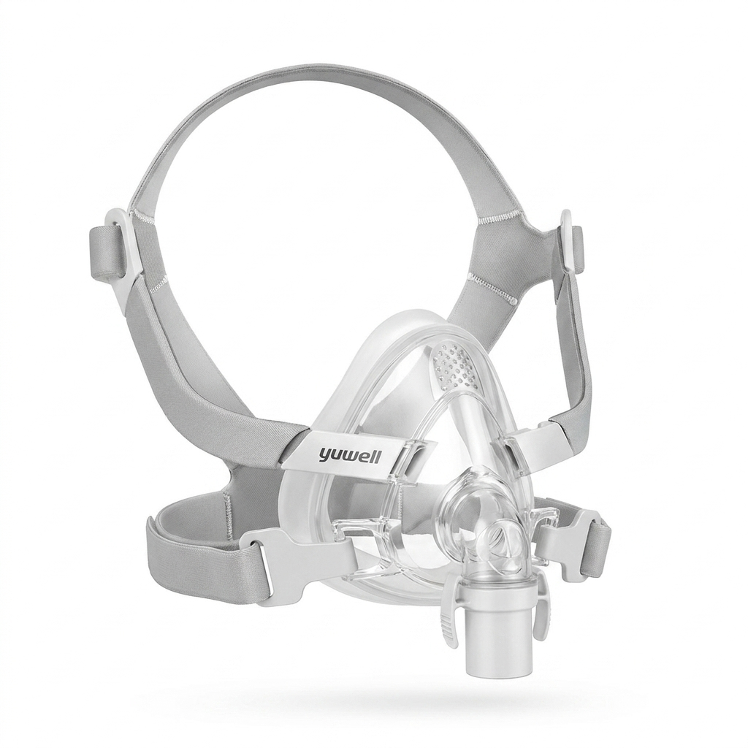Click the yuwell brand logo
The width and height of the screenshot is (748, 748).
pos(353,456)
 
